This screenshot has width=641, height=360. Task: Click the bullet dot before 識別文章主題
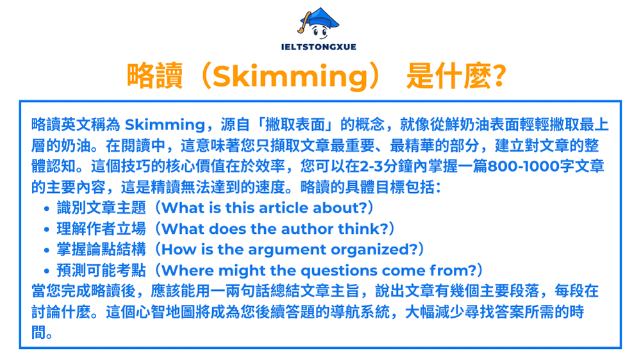48,208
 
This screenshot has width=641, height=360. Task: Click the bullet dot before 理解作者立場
48,229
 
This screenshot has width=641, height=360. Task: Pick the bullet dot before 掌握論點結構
48,250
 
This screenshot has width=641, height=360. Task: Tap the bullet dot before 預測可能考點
48,271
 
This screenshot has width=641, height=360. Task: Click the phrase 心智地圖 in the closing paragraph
168,313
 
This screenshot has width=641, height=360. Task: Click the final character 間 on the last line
38,334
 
